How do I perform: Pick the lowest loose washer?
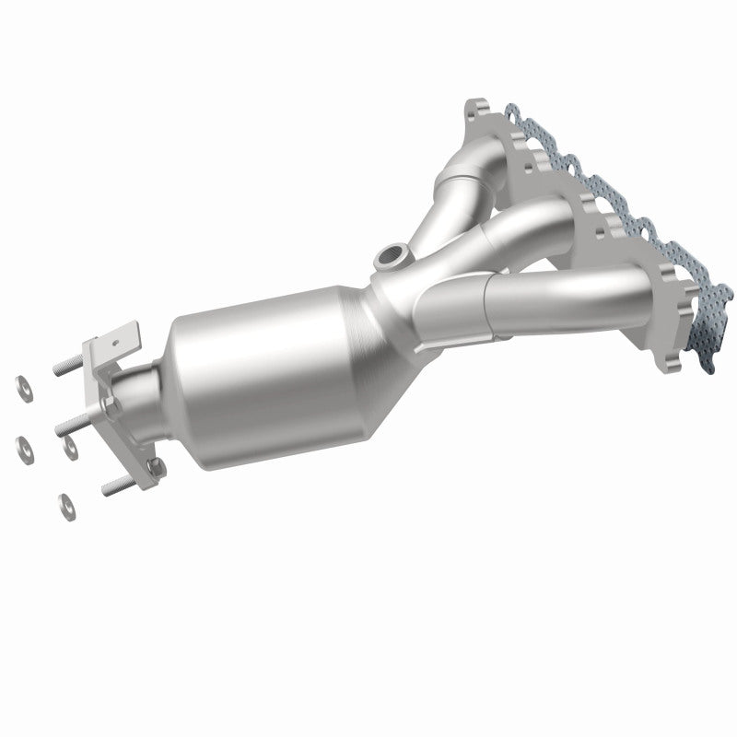tap(66, 503)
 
